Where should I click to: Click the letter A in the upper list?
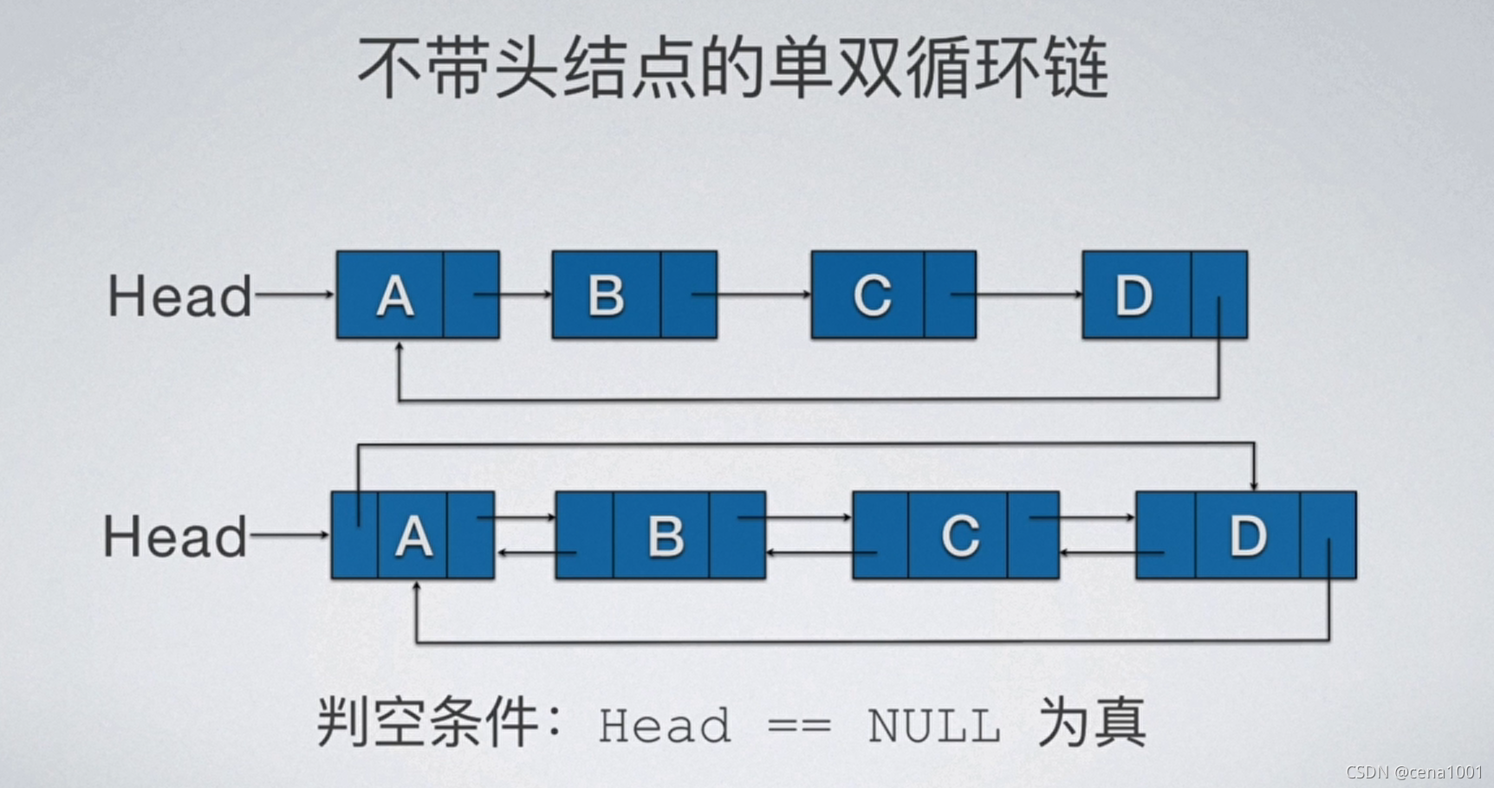point(395,296)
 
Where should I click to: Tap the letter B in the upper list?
point(606,296)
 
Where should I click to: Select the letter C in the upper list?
point(872,296)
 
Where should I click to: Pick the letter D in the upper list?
point(1133,296)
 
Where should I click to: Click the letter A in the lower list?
point(413,537)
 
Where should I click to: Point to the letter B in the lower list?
point(666,537)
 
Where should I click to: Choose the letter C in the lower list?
point(960,537)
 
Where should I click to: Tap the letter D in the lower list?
point(1248,537)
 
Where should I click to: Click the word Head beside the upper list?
point(179,296)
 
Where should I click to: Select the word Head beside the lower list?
point(175,536)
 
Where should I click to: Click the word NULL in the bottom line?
point(934,726)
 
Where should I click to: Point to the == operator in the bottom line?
point(799,726)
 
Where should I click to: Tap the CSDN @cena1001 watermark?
point(1414,772)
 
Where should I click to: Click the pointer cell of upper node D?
point(1219,294)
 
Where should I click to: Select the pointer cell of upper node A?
point(471,294)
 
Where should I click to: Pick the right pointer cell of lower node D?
point(1328,535)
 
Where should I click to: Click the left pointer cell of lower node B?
point(584,535)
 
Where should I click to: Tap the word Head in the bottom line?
point(665,726)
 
